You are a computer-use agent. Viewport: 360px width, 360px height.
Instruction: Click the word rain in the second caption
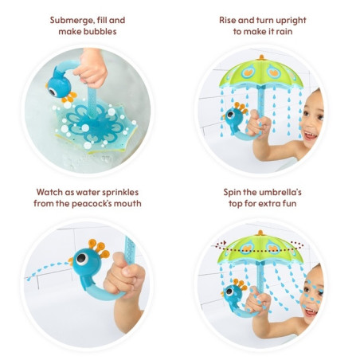click(284, 32)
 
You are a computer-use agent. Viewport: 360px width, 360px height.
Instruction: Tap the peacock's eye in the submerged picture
click(53, 92)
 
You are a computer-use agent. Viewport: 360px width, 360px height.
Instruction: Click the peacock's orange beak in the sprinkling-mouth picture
click(71, 261)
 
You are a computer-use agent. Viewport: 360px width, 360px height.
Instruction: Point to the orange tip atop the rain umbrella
click(261, 57)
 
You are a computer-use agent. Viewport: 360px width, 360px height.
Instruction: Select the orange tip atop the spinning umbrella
click(260, 233)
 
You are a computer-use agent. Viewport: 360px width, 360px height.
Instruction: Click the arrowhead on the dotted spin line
click(225, 243)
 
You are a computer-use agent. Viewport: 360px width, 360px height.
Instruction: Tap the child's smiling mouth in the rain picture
click(310, 135)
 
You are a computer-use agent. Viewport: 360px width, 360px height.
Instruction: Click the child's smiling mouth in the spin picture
click(311, 311)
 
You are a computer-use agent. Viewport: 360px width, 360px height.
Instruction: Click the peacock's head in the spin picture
click(233, 292)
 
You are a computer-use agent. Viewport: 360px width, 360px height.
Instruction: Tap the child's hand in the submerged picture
click(91, 68)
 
